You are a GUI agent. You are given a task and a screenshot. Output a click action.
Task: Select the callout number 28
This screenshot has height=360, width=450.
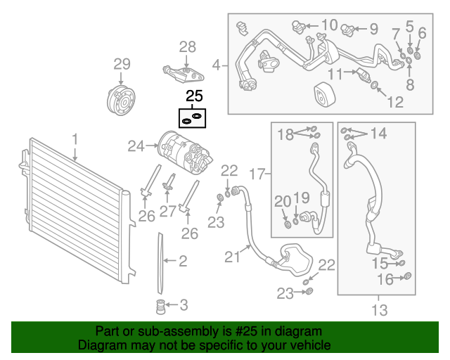point(187,47)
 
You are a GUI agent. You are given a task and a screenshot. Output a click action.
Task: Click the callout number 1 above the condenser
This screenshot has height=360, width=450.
point(75,143)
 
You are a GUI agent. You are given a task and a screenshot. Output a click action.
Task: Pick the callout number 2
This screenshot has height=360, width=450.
point(183,262)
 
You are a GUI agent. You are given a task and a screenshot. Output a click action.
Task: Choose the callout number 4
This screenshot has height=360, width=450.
point(217,67)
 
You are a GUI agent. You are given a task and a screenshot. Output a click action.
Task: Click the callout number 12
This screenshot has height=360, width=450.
point(395,102)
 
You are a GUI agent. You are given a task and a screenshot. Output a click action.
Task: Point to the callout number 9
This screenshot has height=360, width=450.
point(373,30)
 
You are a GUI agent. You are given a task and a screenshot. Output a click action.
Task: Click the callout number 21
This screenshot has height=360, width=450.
point(233,257)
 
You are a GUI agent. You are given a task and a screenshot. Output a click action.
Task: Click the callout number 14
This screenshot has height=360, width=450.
point(378,133)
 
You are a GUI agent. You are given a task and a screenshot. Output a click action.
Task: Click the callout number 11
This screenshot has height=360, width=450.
point(336,74)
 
